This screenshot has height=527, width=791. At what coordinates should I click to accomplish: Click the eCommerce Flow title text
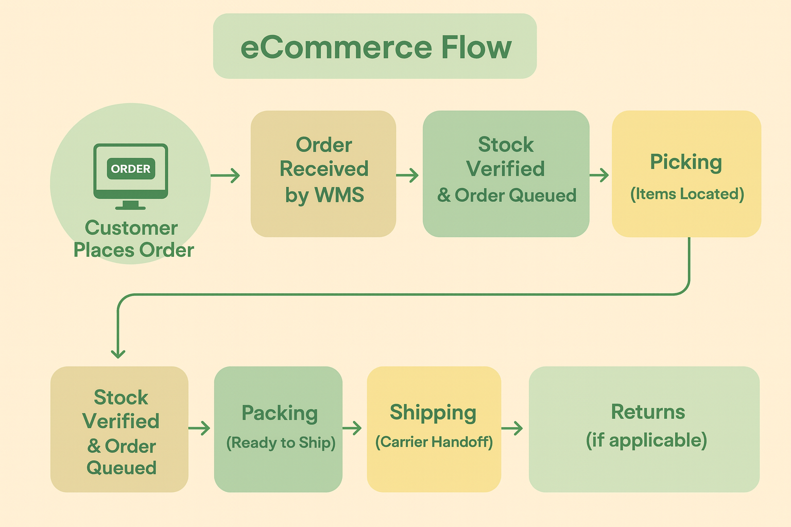click(375, 47)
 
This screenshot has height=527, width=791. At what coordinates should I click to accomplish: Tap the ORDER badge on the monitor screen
click(131, 169)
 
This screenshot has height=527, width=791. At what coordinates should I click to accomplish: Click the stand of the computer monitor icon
click(130, 205)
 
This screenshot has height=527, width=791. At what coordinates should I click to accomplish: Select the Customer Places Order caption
click(133, 239)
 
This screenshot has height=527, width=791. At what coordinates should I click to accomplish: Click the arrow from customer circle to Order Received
click(226, 175)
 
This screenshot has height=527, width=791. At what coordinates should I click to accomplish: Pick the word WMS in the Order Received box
click(339, 195)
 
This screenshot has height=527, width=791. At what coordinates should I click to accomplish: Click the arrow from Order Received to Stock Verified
click(407, 175)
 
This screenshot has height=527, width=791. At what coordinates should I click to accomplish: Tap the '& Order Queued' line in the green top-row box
click(507, 196)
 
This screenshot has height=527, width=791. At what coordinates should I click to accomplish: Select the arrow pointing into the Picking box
click(599, 175)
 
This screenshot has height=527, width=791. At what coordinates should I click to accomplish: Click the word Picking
click(686, 162)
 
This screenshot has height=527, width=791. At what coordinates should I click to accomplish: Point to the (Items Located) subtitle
click(687, 194)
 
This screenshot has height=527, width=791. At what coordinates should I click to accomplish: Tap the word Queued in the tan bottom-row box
click(122, 468)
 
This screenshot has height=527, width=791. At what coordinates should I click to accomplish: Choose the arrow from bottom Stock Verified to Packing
click(199, 428)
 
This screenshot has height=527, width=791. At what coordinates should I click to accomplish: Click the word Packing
click(280, 413)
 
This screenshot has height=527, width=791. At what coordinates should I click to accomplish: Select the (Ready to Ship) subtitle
click(281, 443)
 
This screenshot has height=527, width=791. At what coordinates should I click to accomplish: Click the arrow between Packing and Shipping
click(352, 428)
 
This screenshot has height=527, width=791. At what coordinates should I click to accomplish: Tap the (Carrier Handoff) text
click(434, 442)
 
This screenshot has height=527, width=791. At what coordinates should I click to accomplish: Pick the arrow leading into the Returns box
click(512, 428)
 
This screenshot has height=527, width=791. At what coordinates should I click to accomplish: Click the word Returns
click(648, 412)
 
